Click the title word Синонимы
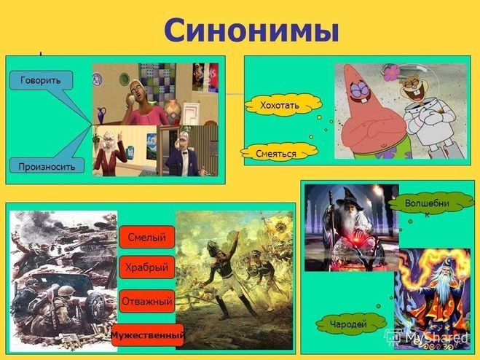pos(251,31)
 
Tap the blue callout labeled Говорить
pos(42,80)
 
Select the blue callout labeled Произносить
pos(47,165)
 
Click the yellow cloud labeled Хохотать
pos(283,105)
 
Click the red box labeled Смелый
pos(147,237)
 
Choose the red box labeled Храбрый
pos(147,267)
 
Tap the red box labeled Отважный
pos(147,301)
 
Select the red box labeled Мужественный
pos(148,335)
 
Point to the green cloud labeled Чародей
pos(349,324)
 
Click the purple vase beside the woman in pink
pos(102,116)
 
